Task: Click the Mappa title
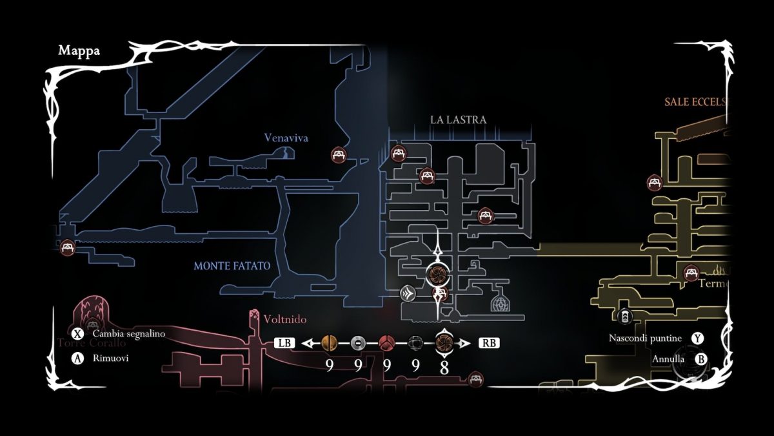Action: pos(79,50)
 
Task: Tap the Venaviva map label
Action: pos(286,138)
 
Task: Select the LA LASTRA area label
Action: pos(458,119)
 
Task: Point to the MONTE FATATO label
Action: pos(232,266)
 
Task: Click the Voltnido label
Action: pos(284,319)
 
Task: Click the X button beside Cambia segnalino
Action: pos(78,334)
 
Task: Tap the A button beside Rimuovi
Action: pos(78,358)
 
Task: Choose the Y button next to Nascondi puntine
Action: pos(697,338)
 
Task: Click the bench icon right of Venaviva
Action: pos(339,154)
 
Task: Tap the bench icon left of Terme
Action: pos(691,273)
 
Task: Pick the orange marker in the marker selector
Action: pos(329,343)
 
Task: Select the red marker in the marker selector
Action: pos(386,343)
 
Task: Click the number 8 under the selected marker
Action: pos(444,366)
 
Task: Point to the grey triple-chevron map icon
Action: pos(408,294)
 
